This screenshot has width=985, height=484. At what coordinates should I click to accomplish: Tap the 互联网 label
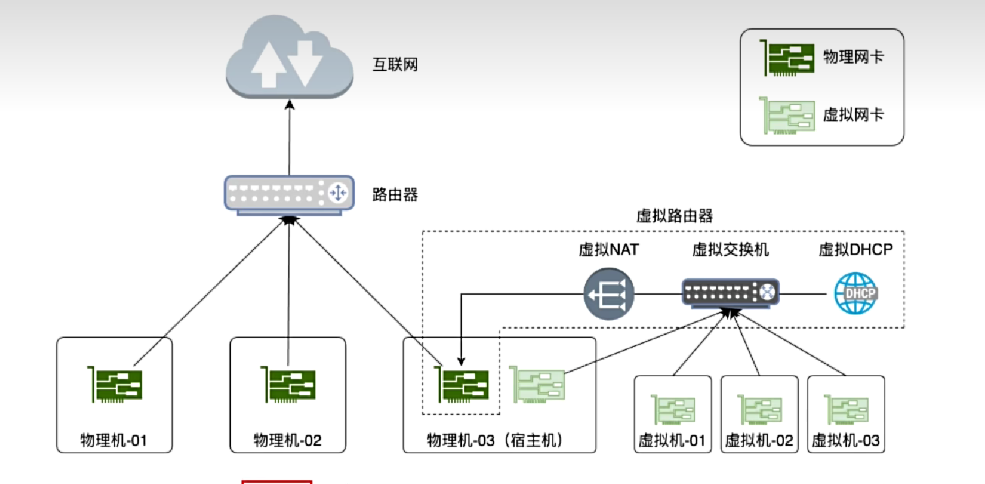395,65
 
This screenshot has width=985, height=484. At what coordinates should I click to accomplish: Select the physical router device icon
289,195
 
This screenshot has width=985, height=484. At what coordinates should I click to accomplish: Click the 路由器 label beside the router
395,195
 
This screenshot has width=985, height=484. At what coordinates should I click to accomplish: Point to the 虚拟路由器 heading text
675,216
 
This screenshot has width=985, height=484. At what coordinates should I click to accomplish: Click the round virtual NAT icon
609,294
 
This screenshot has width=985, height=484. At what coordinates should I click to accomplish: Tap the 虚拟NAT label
609,250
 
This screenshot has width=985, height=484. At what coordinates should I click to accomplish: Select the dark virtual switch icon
730,293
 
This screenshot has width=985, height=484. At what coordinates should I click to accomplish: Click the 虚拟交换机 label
730,250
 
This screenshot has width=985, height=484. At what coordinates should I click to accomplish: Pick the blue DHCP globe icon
856,293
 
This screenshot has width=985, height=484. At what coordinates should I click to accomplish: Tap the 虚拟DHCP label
855,250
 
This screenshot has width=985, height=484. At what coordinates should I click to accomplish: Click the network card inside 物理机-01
115,385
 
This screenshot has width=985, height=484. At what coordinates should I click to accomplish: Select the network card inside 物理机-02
288,385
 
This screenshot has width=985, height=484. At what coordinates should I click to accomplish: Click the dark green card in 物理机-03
461,385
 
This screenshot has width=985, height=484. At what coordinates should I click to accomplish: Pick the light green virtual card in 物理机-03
537,385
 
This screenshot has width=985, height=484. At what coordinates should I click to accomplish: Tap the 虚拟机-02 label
759,440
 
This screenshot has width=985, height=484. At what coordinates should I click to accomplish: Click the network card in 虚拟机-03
846,410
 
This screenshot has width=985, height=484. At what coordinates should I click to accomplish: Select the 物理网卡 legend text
853,57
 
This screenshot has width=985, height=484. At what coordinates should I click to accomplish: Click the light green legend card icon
787,115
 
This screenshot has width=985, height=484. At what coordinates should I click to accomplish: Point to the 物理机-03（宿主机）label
495,440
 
